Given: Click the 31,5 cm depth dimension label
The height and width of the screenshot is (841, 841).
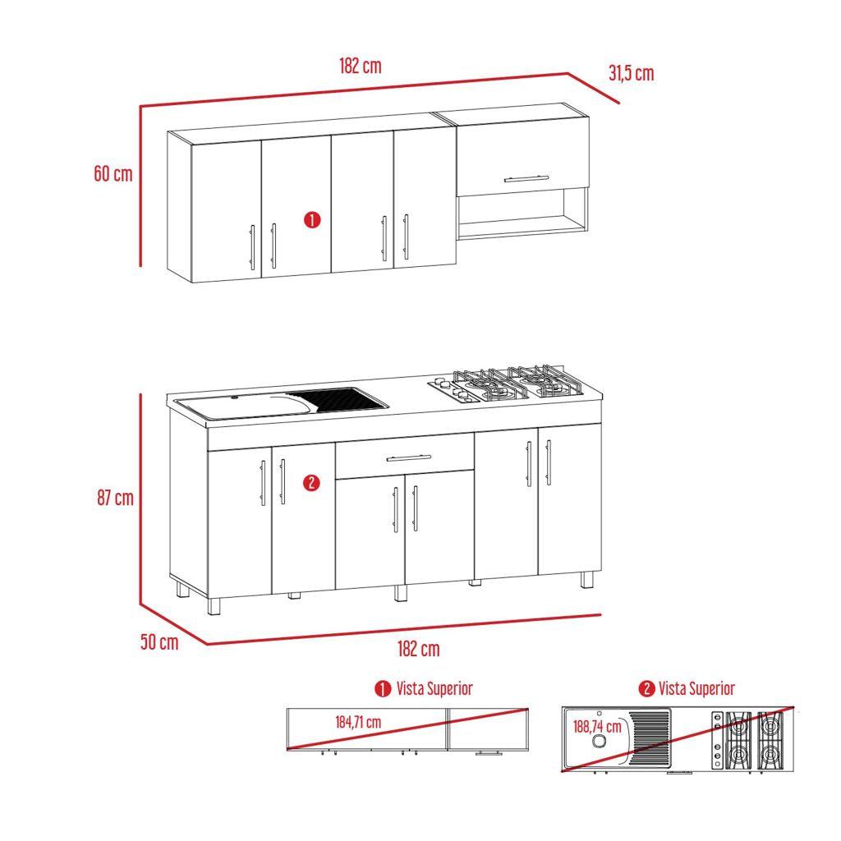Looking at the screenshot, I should coord(631,73).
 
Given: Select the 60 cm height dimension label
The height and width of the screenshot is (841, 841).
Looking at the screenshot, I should coord(113,174).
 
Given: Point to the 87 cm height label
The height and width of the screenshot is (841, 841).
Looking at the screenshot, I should coord(114,498).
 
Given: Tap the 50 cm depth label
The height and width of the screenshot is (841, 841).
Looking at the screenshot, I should coord(159,642).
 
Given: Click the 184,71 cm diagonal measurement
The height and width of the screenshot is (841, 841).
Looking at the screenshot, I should coord(357,723).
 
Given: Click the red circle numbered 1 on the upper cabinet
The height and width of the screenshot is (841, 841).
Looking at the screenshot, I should coord(312,220).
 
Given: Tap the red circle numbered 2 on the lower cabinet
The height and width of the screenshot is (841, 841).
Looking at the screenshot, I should coord(310,483).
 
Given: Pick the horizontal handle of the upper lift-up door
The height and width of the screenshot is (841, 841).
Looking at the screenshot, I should coord(526,177).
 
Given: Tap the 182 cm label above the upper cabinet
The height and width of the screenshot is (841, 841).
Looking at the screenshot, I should coord(360,67).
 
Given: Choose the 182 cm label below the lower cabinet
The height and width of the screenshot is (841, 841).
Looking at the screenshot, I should coord(418,649).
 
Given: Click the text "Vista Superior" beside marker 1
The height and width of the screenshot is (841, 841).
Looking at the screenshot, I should coord(434,688).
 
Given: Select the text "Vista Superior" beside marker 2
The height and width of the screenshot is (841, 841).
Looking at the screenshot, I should coord(696,688).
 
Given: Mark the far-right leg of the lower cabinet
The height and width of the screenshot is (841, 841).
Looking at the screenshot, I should coord(586,579).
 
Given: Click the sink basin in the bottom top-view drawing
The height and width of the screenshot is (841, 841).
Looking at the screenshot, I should coord(600,740).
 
